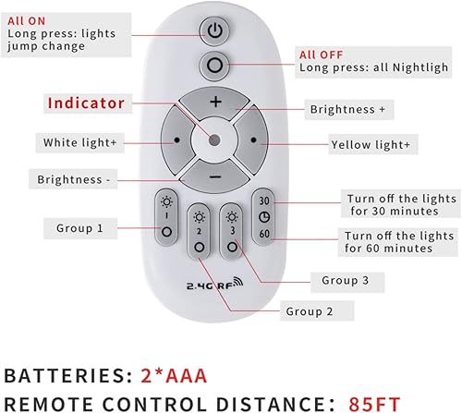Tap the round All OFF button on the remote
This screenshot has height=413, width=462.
214,67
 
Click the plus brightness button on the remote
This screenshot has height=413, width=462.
214,102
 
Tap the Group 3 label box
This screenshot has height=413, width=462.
346,280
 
